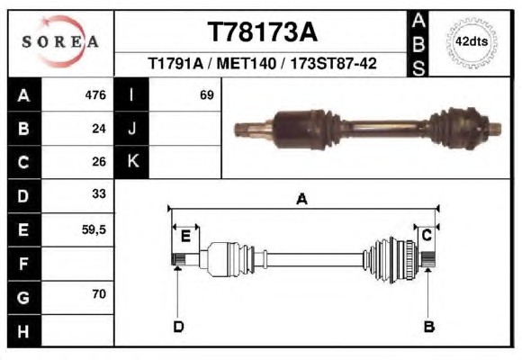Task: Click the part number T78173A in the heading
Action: point(263,32)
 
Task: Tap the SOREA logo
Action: point(60,41)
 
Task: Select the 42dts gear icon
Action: point(472,42)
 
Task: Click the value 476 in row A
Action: point(95,94)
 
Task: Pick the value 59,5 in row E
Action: point(94,229)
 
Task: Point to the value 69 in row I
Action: point(207,94)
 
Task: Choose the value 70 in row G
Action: point(99,293)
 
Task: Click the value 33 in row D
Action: point(99,193)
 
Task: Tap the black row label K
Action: point(131,161)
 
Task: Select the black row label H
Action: point(24,331)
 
